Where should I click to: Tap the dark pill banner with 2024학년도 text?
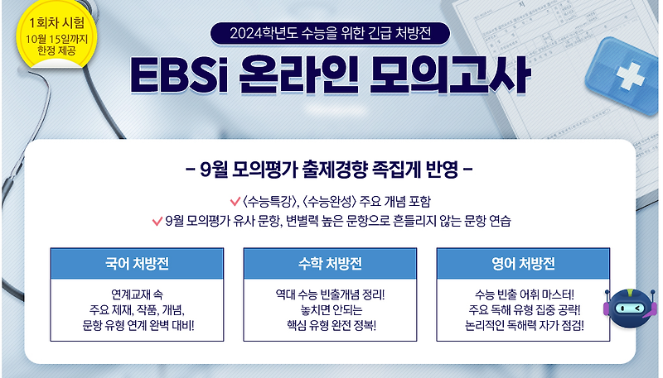pyautogui.click(x=331, y=34)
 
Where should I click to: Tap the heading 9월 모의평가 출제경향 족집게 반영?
pyautogui.click(x=331, y=173)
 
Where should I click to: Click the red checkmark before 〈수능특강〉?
pyautogui.click(x=235, y=202)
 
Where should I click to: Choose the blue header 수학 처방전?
pyautogui.click(x=330, y=264)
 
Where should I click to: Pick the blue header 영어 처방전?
pyautogui.click(x=523, y=264)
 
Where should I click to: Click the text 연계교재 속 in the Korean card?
pyautogui.click(x=137, y=294)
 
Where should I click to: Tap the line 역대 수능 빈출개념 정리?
pyautogui.click(x=330, y=294)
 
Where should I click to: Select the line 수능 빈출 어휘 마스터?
pyautogui.click(x=523, y=294)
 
